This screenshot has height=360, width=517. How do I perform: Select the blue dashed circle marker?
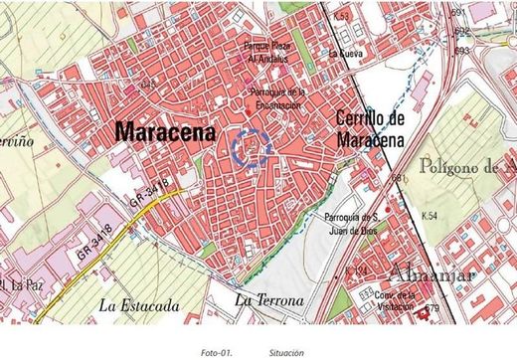253,149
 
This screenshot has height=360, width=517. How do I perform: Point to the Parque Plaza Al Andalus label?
272,51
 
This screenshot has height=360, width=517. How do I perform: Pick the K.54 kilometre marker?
430,216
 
